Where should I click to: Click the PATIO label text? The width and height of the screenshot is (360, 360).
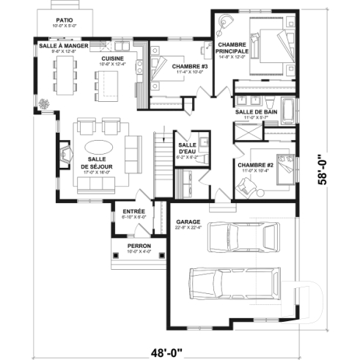point(64,20)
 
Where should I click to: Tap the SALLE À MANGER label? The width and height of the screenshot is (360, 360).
point(64,45)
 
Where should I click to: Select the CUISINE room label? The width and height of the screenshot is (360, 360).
point(112,58)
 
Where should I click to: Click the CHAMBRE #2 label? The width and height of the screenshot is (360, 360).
point(255,165)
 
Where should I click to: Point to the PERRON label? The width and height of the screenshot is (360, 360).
point(139,246)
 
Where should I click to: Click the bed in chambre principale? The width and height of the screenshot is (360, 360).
point(266,46)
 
